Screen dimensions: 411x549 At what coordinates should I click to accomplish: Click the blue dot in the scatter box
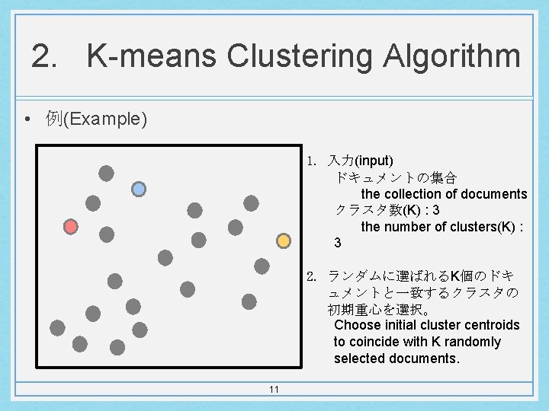coord(139,189)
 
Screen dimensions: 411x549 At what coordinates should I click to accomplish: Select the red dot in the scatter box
coord(71,227)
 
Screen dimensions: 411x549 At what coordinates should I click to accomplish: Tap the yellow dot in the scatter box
coord(283,241)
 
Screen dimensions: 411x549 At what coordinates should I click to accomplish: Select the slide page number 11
coord(274,390)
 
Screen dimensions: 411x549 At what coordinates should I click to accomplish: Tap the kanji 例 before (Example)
coord(53,119)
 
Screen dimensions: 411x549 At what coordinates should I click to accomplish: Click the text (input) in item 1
coord(374,161)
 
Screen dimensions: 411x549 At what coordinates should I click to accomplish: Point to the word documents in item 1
coord(494,194)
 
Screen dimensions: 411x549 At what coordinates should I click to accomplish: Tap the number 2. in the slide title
coord(44,57)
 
